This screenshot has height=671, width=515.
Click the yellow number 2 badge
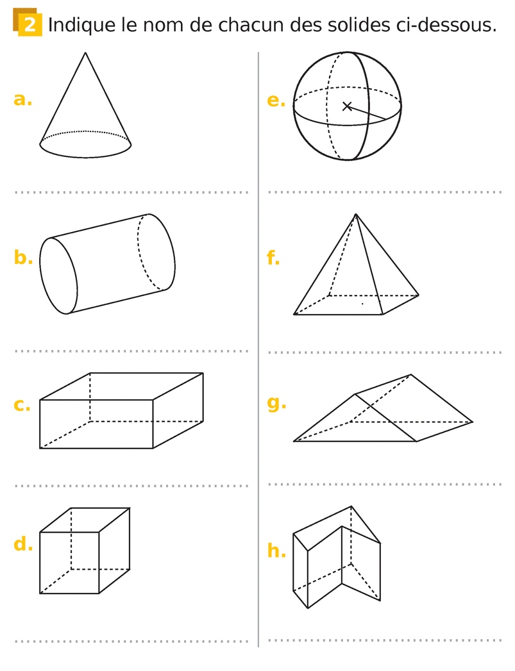(x=28, y=22)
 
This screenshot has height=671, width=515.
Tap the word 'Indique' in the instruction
(x=81, y=26)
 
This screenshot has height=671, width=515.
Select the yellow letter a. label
(x=22, y=99)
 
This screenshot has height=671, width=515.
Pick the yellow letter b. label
(x=23, y=257)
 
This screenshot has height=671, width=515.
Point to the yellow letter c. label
(x=22, y=404)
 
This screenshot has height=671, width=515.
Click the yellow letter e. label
(x=276, y=101)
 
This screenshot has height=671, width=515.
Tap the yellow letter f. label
(x=273, y=257)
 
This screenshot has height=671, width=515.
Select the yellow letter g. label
(x=276, y=403)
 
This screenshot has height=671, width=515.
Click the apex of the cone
(x=85, y=53)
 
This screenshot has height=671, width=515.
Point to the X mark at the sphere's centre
(x=347, y=106)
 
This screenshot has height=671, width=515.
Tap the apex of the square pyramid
(x=356, y=214)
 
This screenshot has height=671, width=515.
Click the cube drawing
(x=84, y=551)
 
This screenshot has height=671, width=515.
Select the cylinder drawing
(x=107, y=263)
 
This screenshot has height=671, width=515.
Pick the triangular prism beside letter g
(x=383, y=408)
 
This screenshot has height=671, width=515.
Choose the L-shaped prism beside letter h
(x=337, y=557)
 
